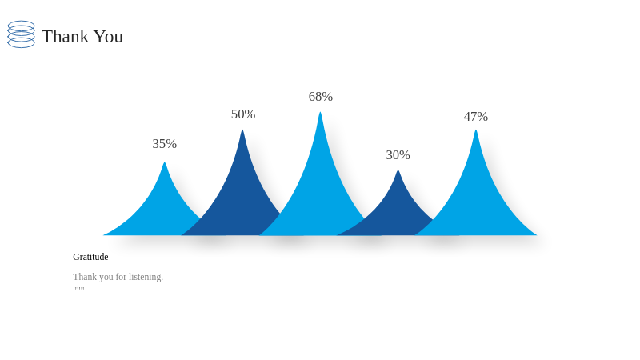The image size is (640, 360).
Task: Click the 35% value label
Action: [165, 144]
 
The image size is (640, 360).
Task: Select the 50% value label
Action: [243, 114]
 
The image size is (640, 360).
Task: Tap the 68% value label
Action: [321, 97]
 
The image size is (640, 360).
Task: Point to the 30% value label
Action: [398, 155]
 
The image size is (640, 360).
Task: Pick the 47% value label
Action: [475, 117]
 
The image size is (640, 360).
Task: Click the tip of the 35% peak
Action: [165, 163]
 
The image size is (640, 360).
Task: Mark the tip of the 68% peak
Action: [320, 112]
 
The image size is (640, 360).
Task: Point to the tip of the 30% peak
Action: [398, 170]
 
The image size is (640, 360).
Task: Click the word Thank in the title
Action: [66, 36]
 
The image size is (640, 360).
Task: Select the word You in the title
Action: [109, 36]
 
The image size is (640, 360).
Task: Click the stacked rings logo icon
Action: [22, 34]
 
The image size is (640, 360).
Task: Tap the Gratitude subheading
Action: [90, 257]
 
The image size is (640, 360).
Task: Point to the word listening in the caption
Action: [146, 277]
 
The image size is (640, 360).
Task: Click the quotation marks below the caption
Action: [78, 289]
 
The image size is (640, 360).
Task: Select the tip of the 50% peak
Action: [242, 130]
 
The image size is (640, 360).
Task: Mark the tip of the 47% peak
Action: [475, 130]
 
